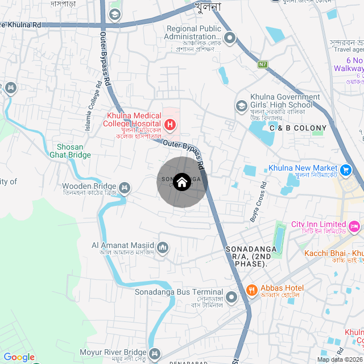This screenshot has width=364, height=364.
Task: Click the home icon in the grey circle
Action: tap(181, 182)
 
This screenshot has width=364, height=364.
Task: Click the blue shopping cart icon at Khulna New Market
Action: tap(345, 169)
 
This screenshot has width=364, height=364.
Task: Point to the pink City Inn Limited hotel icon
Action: tap(354, 226)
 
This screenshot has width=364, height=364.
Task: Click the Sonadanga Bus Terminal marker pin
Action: tap(231, 297)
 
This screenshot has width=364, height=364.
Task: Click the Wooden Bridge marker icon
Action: tap(125, 187)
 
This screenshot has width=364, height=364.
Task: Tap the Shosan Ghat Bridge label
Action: tap(70, 150)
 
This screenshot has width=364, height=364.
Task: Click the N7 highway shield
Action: tap(262, 64)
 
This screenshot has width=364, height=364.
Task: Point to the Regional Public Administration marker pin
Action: tap(230, 38)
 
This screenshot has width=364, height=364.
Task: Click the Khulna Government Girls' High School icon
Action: tap(242, 106)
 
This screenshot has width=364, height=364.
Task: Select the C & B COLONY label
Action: tap(298, 129)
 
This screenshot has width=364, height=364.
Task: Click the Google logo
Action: tap(19, 357)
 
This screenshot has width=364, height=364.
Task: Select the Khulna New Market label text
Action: tap(303, 168)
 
